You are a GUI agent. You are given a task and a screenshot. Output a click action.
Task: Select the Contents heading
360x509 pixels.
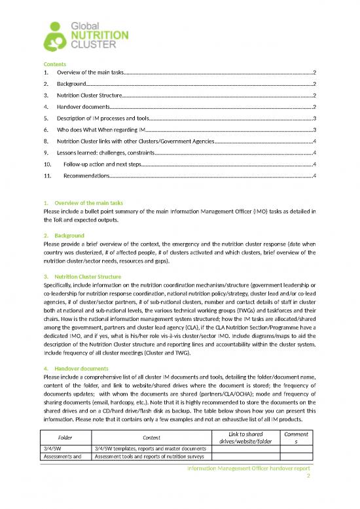coord(54,64)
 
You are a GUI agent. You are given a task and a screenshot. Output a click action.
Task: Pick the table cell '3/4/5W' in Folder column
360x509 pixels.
coord(52,448)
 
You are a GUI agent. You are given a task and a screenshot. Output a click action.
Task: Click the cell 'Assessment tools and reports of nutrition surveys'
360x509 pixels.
coord(151,457)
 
